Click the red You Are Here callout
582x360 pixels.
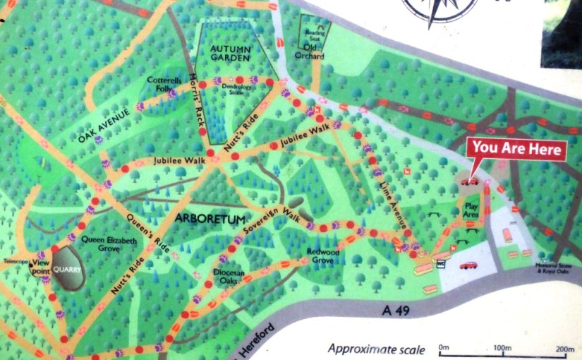tap(519, 149)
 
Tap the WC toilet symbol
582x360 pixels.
tap(441, 264)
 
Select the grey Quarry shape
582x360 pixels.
tap(69, 268)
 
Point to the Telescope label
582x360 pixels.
tap(16, 260)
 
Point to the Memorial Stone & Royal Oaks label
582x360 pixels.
tap(552, 268)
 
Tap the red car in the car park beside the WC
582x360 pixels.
tap(468, 265)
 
